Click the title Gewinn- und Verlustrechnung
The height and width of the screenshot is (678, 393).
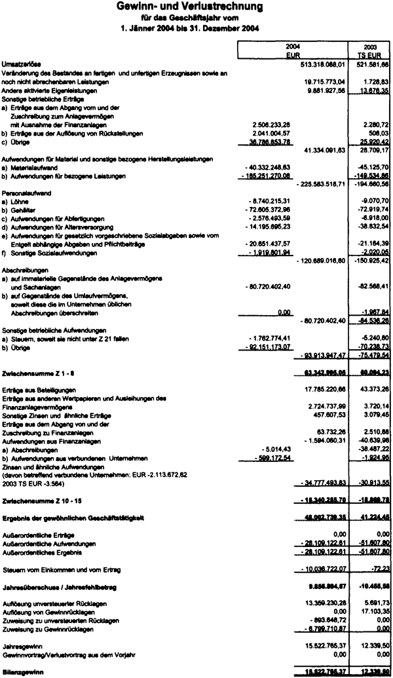196,7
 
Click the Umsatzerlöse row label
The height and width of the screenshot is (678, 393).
21,64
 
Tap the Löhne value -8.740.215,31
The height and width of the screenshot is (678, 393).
261,203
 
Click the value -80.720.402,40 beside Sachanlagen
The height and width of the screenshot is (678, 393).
261,287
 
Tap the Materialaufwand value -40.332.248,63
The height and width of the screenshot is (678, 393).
261,168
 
